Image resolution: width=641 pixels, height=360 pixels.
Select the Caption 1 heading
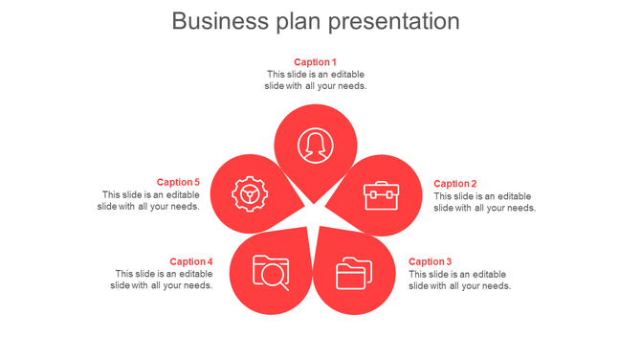click(x=315, y=62)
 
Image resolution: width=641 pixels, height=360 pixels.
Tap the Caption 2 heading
click(x=454, y=184)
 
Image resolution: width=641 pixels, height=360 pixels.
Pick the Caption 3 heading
click(x=430, y=261)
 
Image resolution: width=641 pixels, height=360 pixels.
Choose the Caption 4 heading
click(x=190, y=261)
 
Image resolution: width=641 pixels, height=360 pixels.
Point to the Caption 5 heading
click(x=178, y=182)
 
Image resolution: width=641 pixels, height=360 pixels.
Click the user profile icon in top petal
click(x=315, y=146)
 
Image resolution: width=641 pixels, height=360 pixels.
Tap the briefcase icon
click(x=380, y=195)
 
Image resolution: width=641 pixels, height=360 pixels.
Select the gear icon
click(x=250, y=194)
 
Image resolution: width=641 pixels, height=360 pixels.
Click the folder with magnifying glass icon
click(x=271, y=272)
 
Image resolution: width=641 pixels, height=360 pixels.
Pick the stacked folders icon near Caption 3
click(x=354, y=274)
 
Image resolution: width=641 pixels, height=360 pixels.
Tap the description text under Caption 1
click(x=315, y=80)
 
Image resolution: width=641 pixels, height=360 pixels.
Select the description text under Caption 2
click(x=484, y=202)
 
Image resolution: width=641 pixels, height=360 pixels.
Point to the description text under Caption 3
click(x=459, y=280)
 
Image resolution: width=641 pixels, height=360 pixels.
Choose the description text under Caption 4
click(x=161, y=280)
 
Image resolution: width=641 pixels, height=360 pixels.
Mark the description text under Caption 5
click(x=148, y=201)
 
